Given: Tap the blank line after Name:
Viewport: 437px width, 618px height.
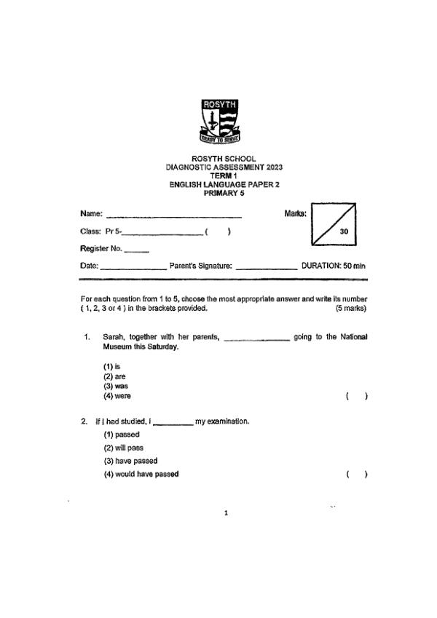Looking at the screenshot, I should pos(174,216).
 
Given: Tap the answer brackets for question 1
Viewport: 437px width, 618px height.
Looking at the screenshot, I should pos(356,396).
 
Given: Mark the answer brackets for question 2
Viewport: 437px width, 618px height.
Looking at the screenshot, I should pos(356,475).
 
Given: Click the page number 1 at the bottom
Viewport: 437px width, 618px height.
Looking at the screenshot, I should pos(226,513).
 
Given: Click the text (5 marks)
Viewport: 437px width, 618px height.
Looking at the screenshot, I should pos(350,308).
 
